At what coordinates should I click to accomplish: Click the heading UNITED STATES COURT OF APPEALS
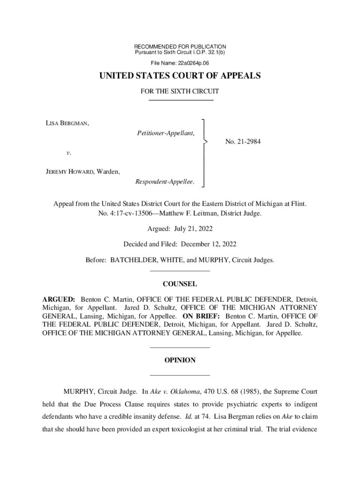point(180,76)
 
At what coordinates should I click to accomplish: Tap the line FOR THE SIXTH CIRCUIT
point(180,92)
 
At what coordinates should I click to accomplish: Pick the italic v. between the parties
point(68,152)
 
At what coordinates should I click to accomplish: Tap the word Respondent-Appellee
point(164,181)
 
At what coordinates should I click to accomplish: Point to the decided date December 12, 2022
point(209,244)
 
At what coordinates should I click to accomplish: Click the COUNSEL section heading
point(180,284)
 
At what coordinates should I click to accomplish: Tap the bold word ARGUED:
point(59,298)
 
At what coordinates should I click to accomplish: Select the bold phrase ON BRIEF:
point(202,316)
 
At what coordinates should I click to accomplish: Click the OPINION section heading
point(180,361)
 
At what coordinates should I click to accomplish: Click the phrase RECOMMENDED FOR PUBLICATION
point(180,47)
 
